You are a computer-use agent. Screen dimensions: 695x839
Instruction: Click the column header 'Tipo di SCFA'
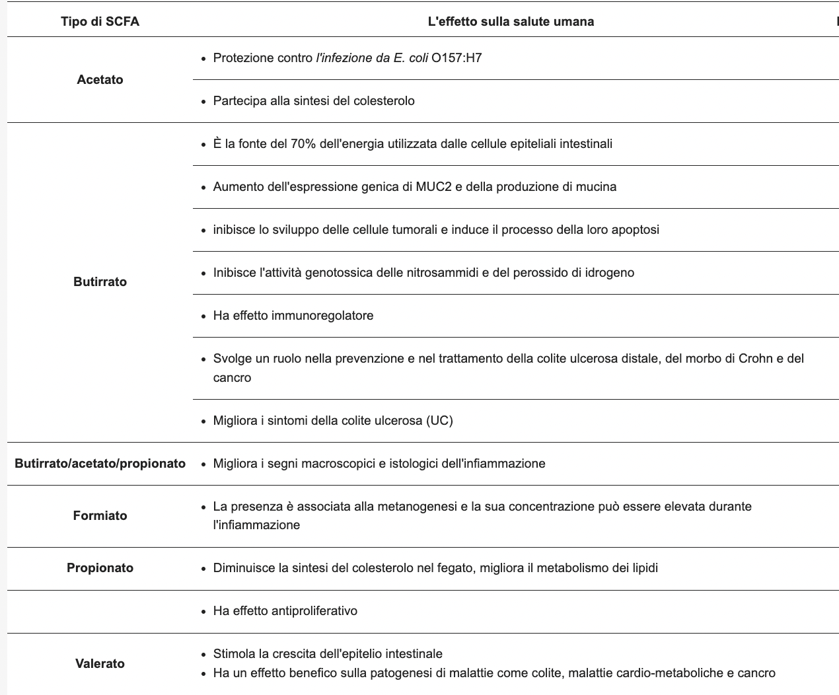click(100, 22)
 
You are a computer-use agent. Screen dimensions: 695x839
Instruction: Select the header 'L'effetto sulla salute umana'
click(511, 22)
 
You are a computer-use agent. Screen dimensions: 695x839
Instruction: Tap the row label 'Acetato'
click(100, 79)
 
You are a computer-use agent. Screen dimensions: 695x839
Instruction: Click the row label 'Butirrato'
click(100, 281)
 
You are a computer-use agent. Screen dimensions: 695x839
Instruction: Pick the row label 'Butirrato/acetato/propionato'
click(100, 464)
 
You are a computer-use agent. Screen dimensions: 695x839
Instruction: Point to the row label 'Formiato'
click(100, 515)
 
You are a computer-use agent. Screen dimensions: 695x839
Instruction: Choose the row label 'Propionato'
click(100, 568)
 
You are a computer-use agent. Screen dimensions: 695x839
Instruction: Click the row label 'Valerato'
click(100, 663)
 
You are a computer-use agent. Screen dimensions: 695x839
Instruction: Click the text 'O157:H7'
click(456, 58)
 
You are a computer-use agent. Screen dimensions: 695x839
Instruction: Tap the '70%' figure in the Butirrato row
click(303, 144)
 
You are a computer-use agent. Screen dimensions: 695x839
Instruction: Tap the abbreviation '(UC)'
click(439, 421)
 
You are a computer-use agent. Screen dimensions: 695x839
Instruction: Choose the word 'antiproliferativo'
click(314, 611)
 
